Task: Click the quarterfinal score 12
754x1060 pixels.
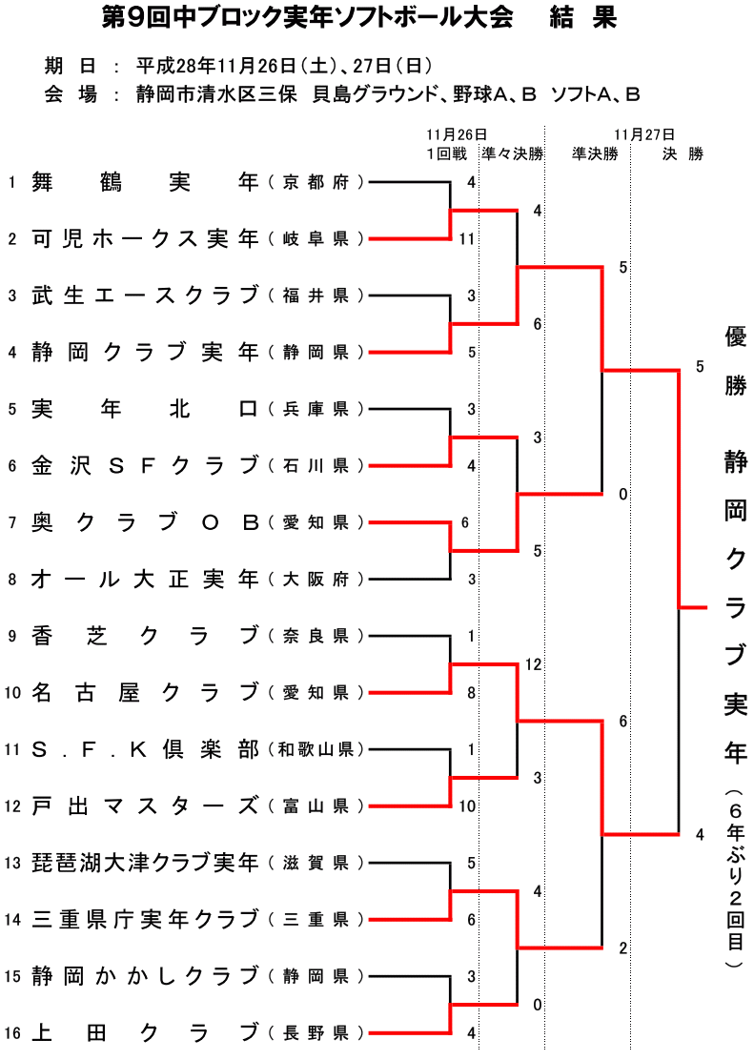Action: (x=533, y=663)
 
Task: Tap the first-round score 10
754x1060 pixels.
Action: (x=467, y=805)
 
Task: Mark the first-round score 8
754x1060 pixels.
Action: (x=471, y=693)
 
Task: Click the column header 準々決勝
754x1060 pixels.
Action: (x=512, y=153)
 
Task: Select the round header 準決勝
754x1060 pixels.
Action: (x=595, y=153)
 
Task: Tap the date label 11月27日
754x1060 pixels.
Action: (x=645, y=134)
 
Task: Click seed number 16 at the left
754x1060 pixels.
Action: (x=11, y=1032)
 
